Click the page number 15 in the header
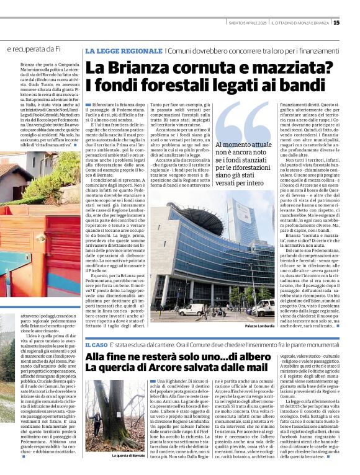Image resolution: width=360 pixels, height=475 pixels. (353, 23)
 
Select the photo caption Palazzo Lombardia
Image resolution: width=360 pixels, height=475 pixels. (259, 326)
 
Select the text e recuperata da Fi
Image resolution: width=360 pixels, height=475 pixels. (34, 48)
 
